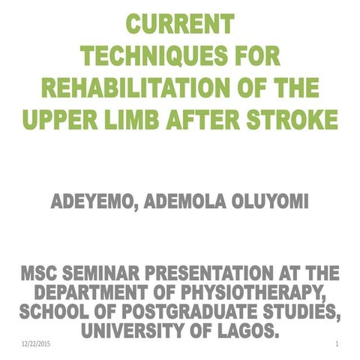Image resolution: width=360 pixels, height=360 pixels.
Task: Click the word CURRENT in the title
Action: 179,24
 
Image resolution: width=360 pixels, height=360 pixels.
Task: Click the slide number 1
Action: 339,343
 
